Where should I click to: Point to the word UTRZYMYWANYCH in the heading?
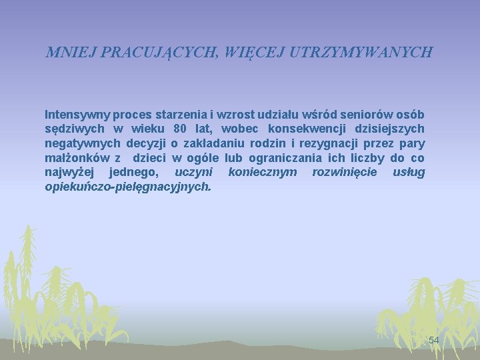coord(361,52)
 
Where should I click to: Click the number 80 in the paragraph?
coord(179,128)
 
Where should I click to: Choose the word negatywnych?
coord(83,143)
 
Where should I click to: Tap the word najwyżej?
coord(70,173)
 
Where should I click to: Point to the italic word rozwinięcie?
coord(344,173)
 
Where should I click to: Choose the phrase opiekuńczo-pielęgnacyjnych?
coord(127,187)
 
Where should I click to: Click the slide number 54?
coord(434,340)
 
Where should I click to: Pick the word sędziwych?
coord(73,128)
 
